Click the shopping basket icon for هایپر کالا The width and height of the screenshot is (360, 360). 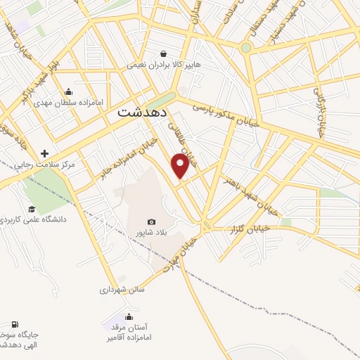(x=164, y=53)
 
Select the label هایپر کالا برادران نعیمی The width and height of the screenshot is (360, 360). (x=164, y=65)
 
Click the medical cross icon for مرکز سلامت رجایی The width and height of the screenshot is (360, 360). (x=45, y=153)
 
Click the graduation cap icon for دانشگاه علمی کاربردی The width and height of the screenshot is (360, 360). (x=31, y=209)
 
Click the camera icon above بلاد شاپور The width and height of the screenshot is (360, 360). (x=151, y=221)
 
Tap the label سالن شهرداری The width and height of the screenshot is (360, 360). (x=122, y=288)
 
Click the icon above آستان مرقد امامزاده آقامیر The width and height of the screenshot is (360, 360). (x=128, y=316)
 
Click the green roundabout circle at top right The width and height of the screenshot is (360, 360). (x=245, y=48)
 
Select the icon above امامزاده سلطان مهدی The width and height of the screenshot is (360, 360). (x=67, y=91)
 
